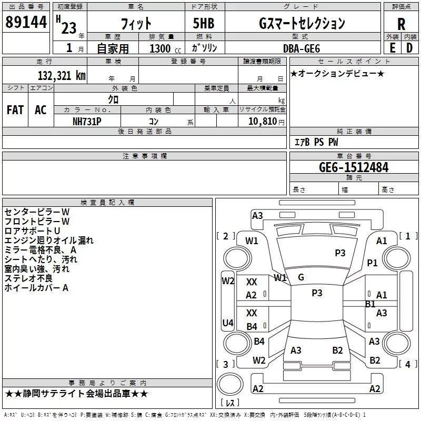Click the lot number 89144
[26, 23]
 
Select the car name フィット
[136, 24]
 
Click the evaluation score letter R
[401, 24]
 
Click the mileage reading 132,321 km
[62, 75]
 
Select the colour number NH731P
[87, 121]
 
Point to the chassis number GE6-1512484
[354, 167]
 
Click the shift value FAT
[15, 110]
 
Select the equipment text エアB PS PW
[316, 142]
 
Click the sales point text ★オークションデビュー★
[337, 73]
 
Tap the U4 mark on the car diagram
[227, 323]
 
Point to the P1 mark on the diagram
[373, 263]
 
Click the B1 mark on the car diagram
[370, 304]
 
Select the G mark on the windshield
[300, 277]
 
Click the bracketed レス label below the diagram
[230, 403]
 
